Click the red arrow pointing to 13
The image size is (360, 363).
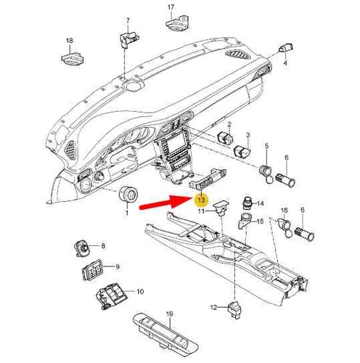coord(165,203)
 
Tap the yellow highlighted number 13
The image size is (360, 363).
coord(201,200)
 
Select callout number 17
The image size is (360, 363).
coord(171,7)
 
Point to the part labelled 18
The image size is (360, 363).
coord(73,59)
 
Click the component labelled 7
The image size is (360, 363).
coord(128,38)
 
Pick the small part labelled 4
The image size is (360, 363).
coord(286,48)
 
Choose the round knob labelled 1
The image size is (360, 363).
coord(129,194)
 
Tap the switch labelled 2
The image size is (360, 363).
coord(226,138)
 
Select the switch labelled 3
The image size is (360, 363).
coord(242,151)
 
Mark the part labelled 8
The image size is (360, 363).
coord(82,248)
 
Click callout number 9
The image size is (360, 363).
coord(117,267)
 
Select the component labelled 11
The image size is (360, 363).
coord(221,208)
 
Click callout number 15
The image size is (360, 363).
coord(260,221)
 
